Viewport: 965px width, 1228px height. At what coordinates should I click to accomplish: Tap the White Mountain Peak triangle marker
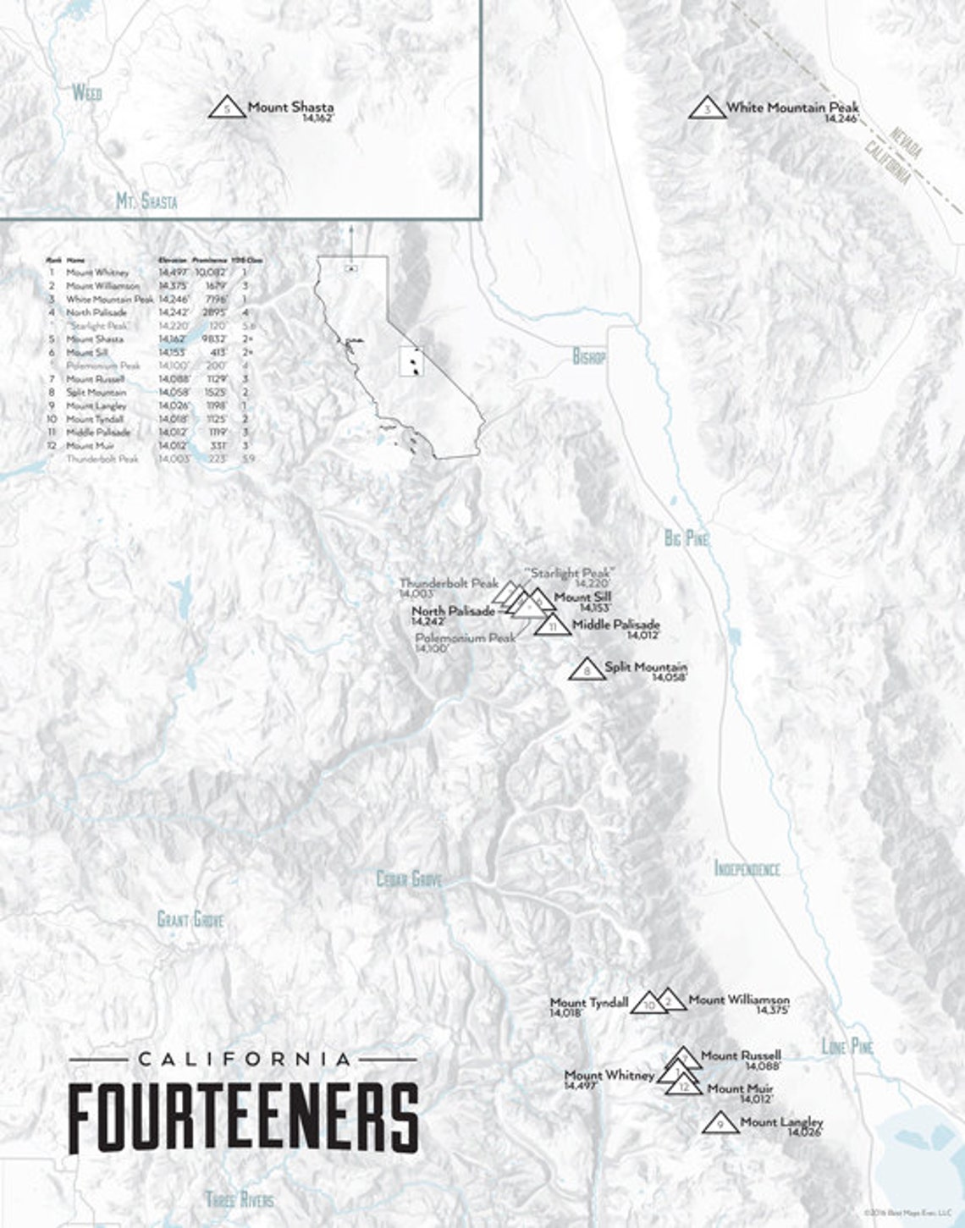pos(707,108)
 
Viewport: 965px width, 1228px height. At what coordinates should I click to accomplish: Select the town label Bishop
pos(589,357)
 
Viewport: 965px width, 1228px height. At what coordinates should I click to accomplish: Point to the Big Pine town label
pos(686,538)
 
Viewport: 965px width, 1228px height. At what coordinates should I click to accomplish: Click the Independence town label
pos(747,868)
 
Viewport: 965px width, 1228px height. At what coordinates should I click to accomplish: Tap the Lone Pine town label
pos(846,1047)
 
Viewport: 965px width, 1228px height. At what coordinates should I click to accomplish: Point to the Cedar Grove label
pos(409,880)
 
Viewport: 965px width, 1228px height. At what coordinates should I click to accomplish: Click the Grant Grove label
pos(190,919)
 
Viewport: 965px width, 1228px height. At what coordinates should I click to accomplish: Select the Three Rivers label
pos(240,1199)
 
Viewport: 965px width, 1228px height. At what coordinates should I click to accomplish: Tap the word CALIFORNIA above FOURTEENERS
pos(243,1059)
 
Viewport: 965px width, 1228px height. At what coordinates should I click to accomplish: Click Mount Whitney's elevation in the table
pos(172,273)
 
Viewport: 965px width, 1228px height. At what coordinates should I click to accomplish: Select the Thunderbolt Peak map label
pos(449,584)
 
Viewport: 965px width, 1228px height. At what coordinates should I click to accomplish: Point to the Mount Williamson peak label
pos(738,1000)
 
